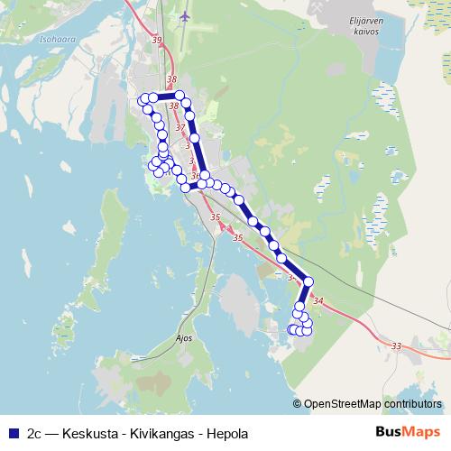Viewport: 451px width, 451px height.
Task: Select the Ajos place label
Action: tap(183, 339)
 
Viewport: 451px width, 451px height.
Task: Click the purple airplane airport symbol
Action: tap(185, 16)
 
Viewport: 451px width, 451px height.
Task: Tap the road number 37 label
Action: tap(180, 128)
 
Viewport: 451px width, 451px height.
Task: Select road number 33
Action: tap(396, 345)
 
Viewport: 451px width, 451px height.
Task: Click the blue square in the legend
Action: tap(13, 433)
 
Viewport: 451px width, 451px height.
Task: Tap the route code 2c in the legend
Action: tap(35, 433)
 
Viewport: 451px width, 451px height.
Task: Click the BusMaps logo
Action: tap(407, 433)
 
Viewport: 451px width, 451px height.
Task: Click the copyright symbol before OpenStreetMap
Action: tap(297, 403)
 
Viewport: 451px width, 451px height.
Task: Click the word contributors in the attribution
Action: tap(411, 403)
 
